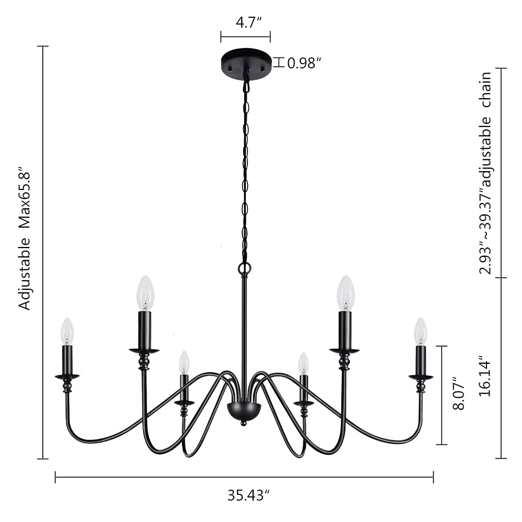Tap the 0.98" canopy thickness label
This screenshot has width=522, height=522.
(x=304, y=63)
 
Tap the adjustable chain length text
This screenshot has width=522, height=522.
(x=486, y=172)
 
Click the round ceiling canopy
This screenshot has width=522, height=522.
(x=246, y=62)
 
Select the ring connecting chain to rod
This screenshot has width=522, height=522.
(x=244, y=269)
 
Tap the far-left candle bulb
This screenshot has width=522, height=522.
(x=67, y=331)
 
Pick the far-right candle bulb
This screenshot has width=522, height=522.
(x=420, y=331)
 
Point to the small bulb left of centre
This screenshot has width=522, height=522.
(x=184, y=362)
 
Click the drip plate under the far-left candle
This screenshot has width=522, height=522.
(x=67, y=376)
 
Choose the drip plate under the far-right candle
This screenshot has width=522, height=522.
(x=421, y=376)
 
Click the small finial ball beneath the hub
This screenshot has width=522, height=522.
(x=243, y=423)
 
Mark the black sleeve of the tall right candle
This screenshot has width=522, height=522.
(x=345, y=329)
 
